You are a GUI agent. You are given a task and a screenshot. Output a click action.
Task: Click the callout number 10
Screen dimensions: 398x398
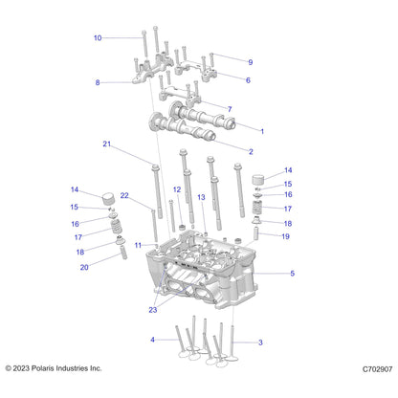pyautogui.click(x=98, y=38)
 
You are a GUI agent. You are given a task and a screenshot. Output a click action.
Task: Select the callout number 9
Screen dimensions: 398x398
pyautogui.click(x=251, y=62)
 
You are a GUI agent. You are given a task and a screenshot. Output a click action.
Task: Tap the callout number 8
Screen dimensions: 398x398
pyautogui.click(x=98, y=82)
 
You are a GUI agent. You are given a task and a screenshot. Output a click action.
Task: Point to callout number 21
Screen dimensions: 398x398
pyautogui.click(x=106, y=144)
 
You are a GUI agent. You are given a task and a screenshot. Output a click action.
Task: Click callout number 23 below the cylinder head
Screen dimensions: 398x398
pyautogui.click(x=153, y=310)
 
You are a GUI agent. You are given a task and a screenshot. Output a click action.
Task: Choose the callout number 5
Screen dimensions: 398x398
pyautogui.click(x=292, y=274)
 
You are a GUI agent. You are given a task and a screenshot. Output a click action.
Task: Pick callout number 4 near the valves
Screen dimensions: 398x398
pyautogui.click(x=152, y=340)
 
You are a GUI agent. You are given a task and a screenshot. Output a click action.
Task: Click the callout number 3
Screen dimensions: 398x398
pyautogui.click(x=260, y=343)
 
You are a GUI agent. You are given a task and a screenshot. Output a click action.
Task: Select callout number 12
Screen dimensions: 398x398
pyautogui.click(x=177, y=189)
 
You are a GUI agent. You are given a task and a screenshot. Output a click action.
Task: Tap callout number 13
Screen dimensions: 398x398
pyautogui.click(x=201, y=197)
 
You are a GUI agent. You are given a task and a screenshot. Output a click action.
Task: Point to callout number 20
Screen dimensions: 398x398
pyautogui.click(x=84, y=267)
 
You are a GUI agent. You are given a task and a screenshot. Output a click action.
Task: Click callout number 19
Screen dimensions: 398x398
pyautogui.click(x=285, y=236)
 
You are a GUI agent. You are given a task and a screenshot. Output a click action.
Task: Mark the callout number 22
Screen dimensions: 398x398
pyautogui.click(x=124, y=195)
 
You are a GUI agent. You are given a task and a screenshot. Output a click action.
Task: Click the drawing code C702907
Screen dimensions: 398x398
pyautogui.click(x=377, y=369)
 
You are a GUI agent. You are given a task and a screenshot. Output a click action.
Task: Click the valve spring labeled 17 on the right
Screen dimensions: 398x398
pyautogui.click(x=257, y=208)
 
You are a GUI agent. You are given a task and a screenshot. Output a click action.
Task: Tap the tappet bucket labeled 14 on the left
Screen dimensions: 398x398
pyautogui.click(x=108, y=199)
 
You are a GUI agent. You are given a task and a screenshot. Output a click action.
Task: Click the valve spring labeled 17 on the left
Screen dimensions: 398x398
pyautogui.click(x=116, y=227)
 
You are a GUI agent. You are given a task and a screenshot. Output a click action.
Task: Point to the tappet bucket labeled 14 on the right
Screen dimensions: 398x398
pyautogui.click(x=259, y=180)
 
